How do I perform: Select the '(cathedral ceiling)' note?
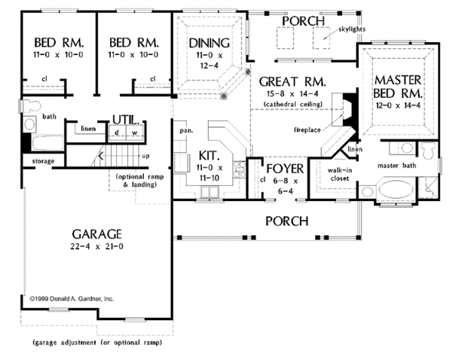(x=293, y=103)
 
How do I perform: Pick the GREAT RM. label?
(x=293, y=81)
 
